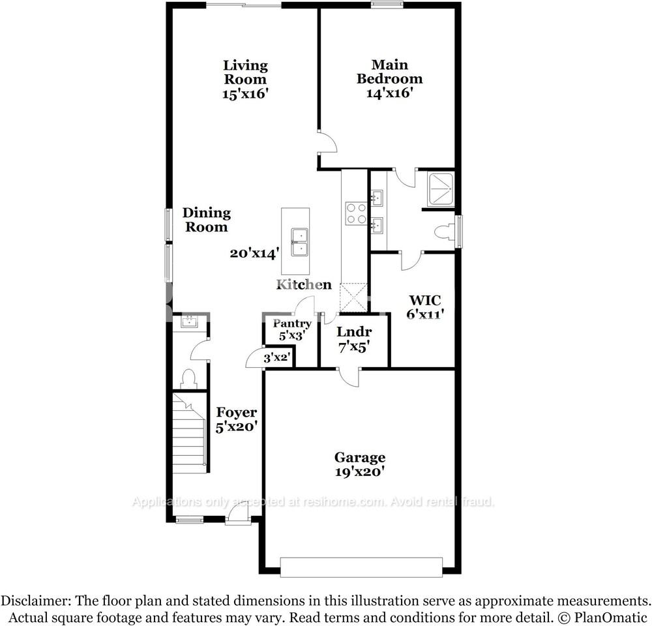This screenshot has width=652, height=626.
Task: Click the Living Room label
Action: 245,72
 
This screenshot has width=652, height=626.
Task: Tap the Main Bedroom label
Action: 389,72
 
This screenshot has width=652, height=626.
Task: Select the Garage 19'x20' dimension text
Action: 360,472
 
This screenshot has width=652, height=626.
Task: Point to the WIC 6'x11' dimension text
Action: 424,314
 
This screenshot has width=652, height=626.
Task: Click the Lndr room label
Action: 354,332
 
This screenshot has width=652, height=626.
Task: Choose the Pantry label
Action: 291,323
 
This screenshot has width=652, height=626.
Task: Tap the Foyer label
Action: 236,413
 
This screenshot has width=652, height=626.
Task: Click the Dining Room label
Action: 206,220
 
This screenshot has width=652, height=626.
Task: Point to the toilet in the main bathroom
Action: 444,231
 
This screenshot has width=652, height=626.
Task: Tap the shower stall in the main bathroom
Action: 440,190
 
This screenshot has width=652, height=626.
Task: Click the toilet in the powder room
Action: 190,378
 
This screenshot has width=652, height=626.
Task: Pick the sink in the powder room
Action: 189,321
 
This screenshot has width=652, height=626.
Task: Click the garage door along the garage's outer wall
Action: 361,565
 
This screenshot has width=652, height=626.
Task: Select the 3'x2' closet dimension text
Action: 276,357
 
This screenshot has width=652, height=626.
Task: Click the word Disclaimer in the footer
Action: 38,600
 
